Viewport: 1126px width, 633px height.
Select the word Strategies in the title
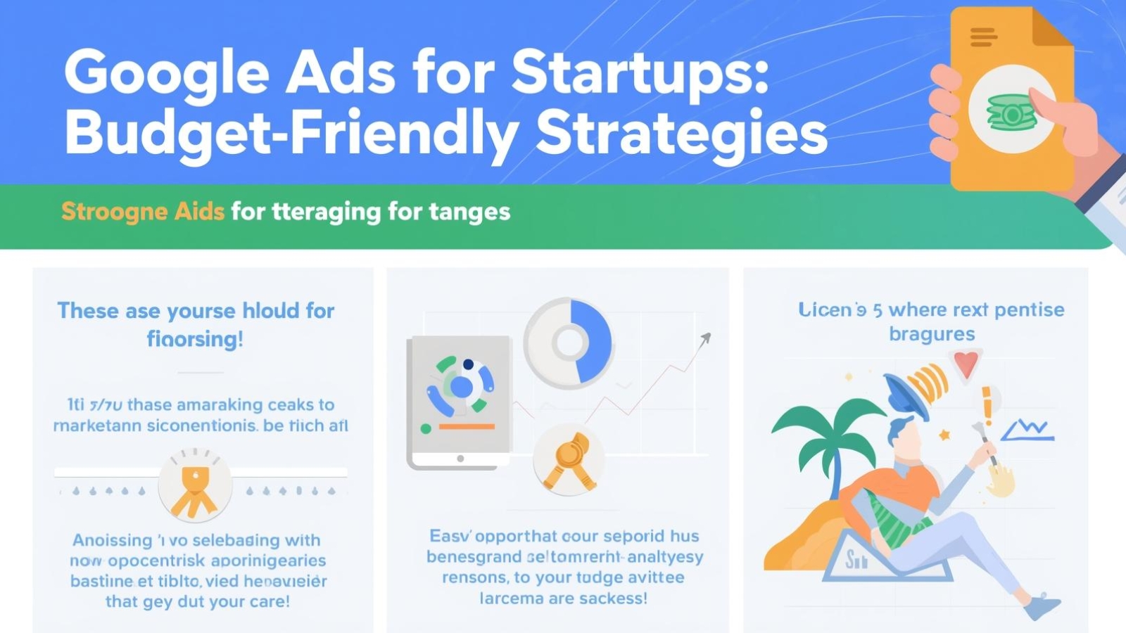(x=681, y=134)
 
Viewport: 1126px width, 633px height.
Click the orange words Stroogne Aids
(x=143, y=211)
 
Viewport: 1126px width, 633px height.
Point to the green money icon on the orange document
(x=1011, y=112)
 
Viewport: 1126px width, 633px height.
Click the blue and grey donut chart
(x=569, y=343)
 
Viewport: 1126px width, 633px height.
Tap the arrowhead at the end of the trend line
(x=705, y=340)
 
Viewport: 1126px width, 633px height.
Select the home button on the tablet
(x=460, y=459)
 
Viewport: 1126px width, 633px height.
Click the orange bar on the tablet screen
(x=467, y=426)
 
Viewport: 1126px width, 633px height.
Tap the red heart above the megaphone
(x=966, y=364)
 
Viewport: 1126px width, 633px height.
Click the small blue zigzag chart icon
(x=1028, y=429)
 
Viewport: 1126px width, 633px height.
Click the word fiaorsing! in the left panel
(x=195, y=339)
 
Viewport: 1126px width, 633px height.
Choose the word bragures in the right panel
(x=932, y=333)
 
